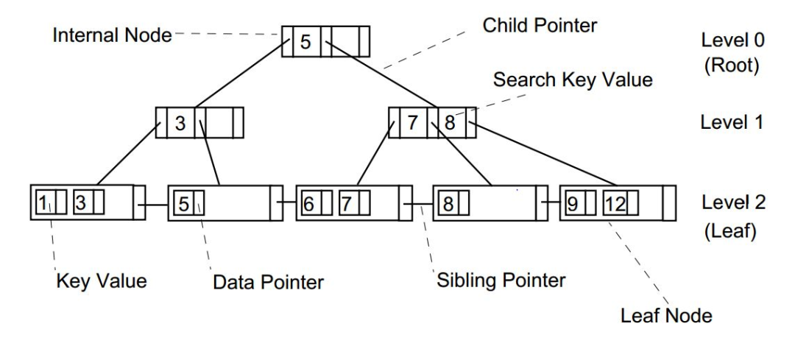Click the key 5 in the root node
click(306, 42)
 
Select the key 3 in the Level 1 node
click(180, 123)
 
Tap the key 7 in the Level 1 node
click(413, 123)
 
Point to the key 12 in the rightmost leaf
click(615, 202)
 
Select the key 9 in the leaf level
click(571, 202)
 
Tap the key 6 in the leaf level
click(309, 202)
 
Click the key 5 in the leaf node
click(184, 202)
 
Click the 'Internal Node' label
click(112, 35)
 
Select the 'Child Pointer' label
click(540, 26)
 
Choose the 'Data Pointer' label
click(267, 280)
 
